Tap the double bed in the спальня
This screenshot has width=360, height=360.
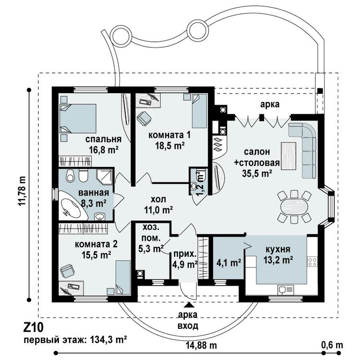(x=78, y=119)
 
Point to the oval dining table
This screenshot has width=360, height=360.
(x=294, y=206)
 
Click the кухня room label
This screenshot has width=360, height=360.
(x=278, y=249)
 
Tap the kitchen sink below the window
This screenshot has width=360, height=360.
(x=286, y=290)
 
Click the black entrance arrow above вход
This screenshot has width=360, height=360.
(x=189, y=305)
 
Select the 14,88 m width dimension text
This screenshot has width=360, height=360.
(x=201, y=345)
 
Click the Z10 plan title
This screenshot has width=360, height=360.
(x=33, y=327)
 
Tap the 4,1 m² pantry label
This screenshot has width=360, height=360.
(x=228, y=262)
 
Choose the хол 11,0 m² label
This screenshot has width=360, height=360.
(x=158, y=204)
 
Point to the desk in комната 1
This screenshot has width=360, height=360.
(x=147, y=101)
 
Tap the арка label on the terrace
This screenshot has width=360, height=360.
(x=270, y=104)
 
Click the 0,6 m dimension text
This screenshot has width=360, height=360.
(x=332, y=345)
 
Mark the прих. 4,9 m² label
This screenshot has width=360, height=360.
(x=185, y=259)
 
